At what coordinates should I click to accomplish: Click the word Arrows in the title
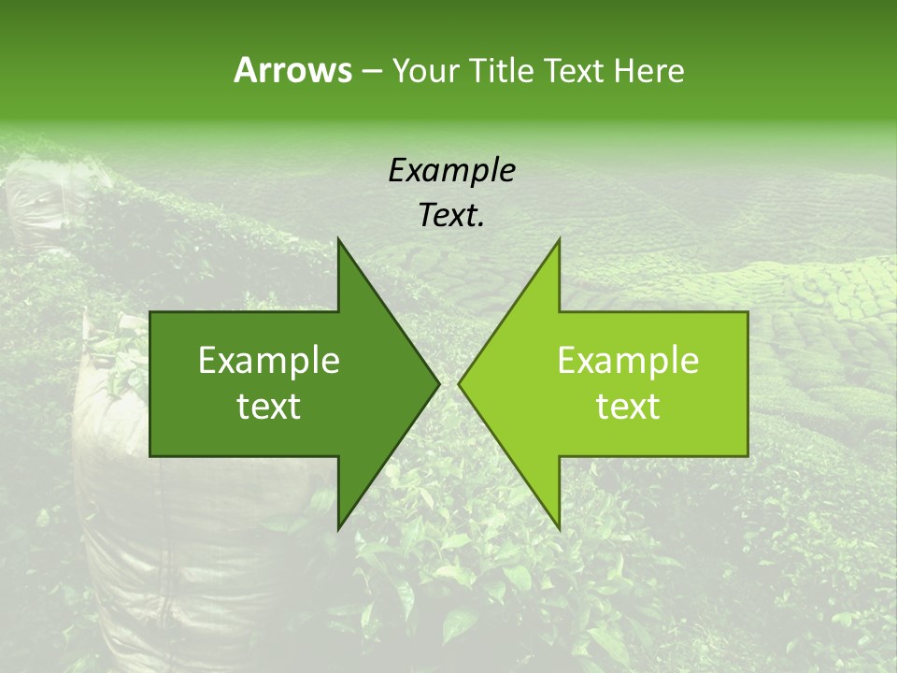pos(292,70)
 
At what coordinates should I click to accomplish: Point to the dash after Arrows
pos(371,71)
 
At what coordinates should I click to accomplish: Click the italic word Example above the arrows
pos(451,171)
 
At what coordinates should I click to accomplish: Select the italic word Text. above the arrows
pos(451,216)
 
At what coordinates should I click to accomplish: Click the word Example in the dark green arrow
pos(269,361)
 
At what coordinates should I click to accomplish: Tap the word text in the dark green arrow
pos(269,406)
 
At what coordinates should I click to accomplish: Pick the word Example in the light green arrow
pos(628,361)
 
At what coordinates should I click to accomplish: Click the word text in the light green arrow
pos(628,406)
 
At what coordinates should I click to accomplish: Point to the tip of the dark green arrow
pos(439,383)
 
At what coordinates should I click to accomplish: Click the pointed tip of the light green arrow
pos(459,383)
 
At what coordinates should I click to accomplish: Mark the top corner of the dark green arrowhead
pos(338,239)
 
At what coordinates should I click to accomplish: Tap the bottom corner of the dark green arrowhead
pos(338,529)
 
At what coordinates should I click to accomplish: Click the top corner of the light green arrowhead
pos(559,239)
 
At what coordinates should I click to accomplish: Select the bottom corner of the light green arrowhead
pos(559,529)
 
